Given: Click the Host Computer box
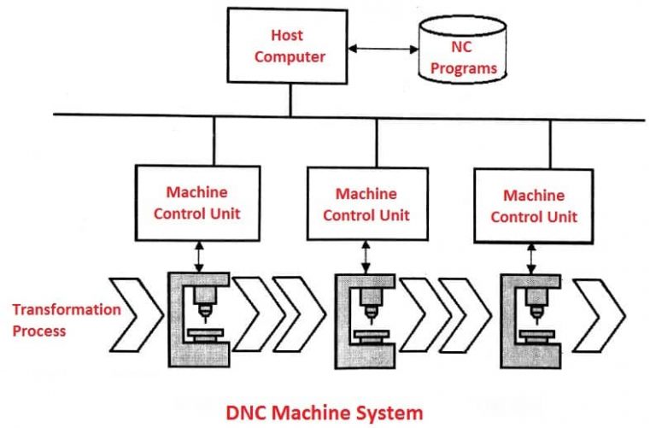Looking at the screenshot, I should (287, 47).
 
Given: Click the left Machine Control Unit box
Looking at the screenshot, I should (196, 202).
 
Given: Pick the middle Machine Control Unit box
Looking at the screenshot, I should (365, 203).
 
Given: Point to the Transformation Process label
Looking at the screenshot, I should (66, 319).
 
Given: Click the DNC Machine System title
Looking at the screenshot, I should (324, 413).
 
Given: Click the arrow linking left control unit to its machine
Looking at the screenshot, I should (198, 255).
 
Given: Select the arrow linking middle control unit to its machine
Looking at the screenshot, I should (366, 256).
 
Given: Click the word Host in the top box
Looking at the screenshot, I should (287, 35).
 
